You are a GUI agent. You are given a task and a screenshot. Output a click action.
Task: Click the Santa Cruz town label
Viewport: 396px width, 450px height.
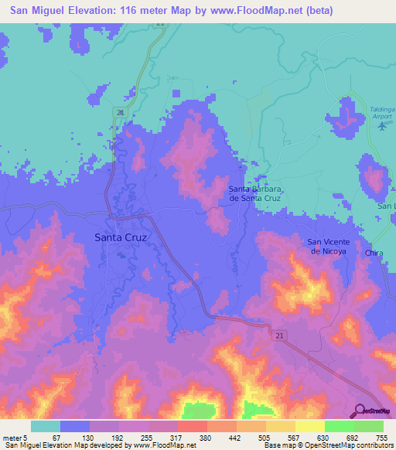click(120, 237)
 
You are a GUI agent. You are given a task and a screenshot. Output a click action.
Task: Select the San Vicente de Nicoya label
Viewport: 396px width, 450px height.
click(329, 247)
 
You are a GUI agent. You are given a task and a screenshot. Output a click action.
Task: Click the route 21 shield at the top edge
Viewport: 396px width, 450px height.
click(160, 24)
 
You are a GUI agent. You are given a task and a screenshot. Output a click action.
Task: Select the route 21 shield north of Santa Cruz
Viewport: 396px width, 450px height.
click(120, 113)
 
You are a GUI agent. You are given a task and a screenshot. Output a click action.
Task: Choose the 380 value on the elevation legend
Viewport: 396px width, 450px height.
click(207, 437)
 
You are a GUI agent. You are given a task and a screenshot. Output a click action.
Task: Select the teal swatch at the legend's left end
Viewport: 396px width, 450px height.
click(45, 426)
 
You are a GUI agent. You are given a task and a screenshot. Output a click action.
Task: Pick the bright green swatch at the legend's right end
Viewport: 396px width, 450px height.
click(368, 426)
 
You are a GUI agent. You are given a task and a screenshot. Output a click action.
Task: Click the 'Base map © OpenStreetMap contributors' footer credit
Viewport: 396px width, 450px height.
click(326, 445)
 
